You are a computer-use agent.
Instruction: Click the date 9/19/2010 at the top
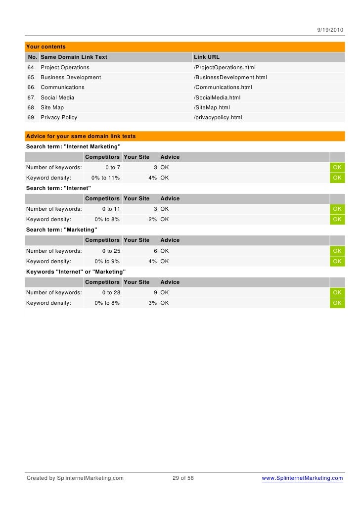coord(330,30)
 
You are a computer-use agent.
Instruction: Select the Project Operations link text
coord(65,67)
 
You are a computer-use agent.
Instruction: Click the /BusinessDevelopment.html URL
coord(230,77)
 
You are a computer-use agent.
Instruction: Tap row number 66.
coord(31,87)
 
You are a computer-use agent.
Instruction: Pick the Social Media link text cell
coord(57,97)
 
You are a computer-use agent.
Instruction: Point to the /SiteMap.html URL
coord(212,107)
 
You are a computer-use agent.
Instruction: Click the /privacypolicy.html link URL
coord(218,118)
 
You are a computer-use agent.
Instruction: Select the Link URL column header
coord(207,57)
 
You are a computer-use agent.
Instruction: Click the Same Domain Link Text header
coord(74,57)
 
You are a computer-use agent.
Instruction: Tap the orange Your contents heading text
coord(46,46)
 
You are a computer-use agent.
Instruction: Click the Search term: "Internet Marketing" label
coord(73,147)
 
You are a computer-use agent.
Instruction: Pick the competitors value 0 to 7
coord(113,167)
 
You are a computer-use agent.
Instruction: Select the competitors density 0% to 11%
coord(105,178)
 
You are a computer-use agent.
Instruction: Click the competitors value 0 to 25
coord(111,251)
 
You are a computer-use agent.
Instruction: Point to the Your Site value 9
coord(155,292)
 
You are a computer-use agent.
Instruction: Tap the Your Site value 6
coord(155,251)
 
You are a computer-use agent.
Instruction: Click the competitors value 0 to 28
coord(111,292)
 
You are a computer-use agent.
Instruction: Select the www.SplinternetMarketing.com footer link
coord(302,478)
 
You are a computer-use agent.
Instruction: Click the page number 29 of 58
coord(183,478)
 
